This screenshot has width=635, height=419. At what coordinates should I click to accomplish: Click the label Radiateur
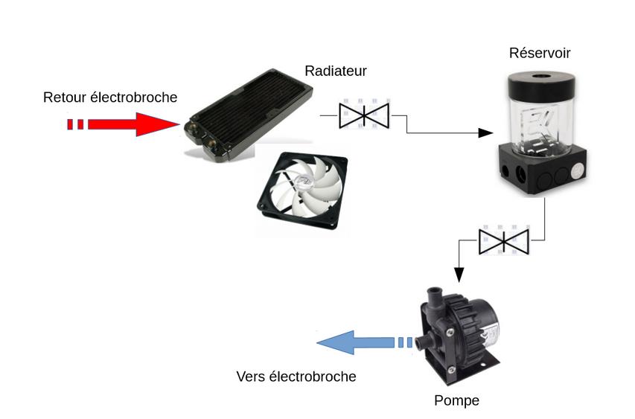pyautogui.click(x=336, y=71)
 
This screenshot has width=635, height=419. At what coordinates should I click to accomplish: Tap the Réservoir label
pyautogui.click(x=540, y=53)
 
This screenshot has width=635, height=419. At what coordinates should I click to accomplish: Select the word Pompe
pyautogui.click(x=456, y=401)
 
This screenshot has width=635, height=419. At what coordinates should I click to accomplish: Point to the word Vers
pyautogui.click(x=250, y=377)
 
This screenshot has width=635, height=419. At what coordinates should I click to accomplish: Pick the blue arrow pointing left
pyautogui.click(x=357, y=342)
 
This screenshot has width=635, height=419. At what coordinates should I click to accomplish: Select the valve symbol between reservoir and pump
pyautogui.click(x=503, y=240)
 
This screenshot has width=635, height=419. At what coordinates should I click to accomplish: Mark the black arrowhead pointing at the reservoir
pyautogui.click(x=485, y=133)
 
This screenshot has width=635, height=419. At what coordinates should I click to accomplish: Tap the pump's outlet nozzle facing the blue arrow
pyautogui.click(x=424, y=342)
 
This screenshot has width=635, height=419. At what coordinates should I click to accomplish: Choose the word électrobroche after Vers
pyautogui.click(x=313, y=377)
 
